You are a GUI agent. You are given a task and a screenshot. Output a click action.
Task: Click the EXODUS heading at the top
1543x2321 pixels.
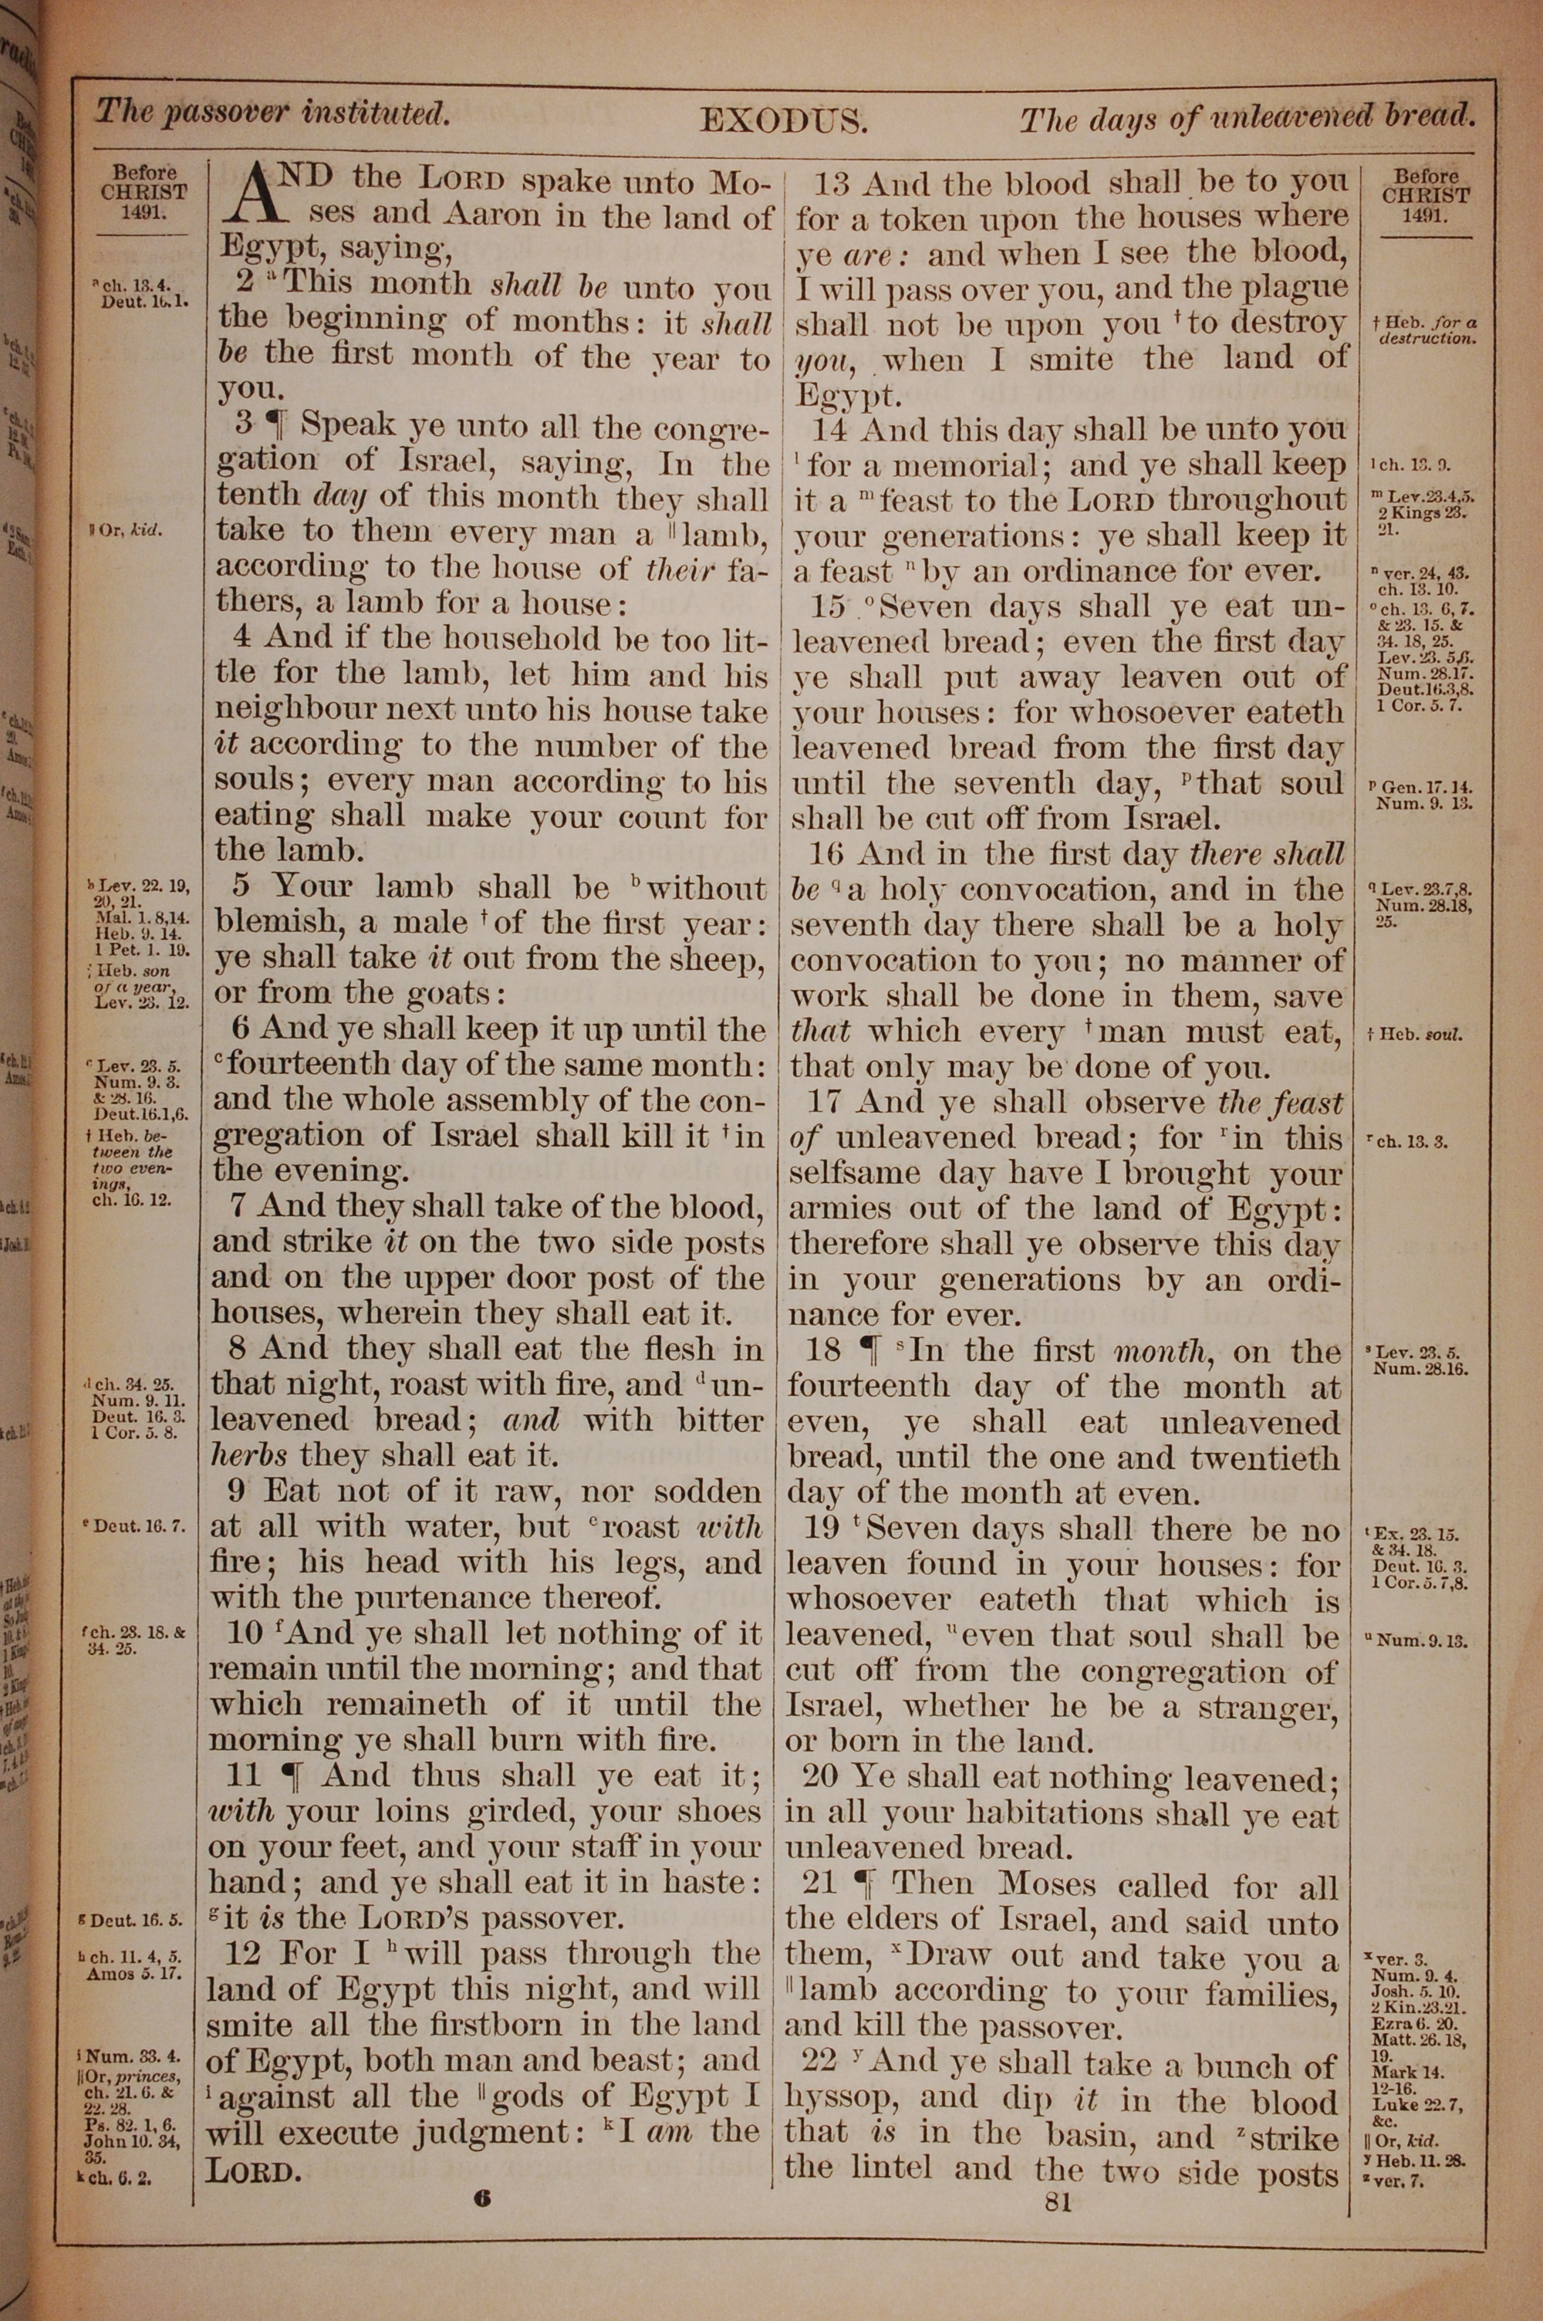[782, 121]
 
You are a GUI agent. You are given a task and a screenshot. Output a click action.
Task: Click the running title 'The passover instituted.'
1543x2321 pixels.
[272, 112]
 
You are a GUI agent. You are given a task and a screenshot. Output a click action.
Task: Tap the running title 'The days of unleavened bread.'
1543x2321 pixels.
[1247, 118]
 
